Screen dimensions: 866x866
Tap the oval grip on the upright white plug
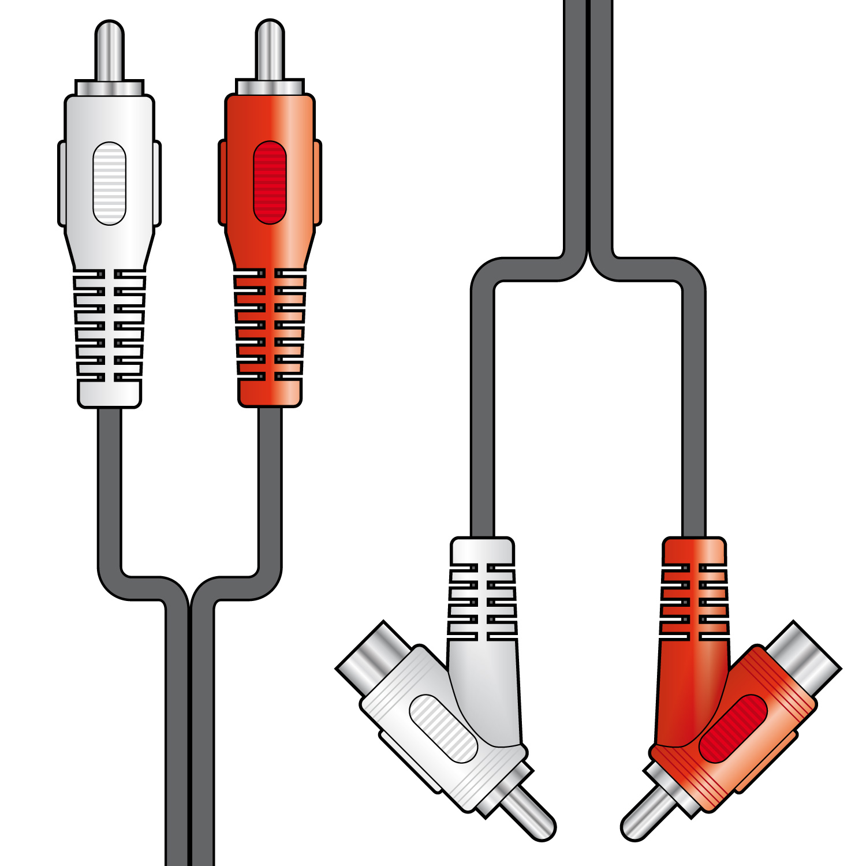point(109,183)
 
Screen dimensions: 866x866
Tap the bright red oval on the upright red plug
point(270,182)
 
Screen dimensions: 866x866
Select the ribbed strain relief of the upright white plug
point(109,326)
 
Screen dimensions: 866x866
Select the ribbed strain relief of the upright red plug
point(270,326)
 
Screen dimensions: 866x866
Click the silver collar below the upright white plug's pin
point(109,88)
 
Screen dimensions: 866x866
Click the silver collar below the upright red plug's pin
point(270,87)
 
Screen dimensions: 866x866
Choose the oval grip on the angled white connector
point(443,728)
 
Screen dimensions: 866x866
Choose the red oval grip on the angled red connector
point(733,728)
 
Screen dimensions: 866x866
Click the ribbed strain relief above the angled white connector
point(482,600)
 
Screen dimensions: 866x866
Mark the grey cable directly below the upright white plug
point(110,491)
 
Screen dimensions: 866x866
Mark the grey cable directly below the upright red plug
point(270,491)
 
